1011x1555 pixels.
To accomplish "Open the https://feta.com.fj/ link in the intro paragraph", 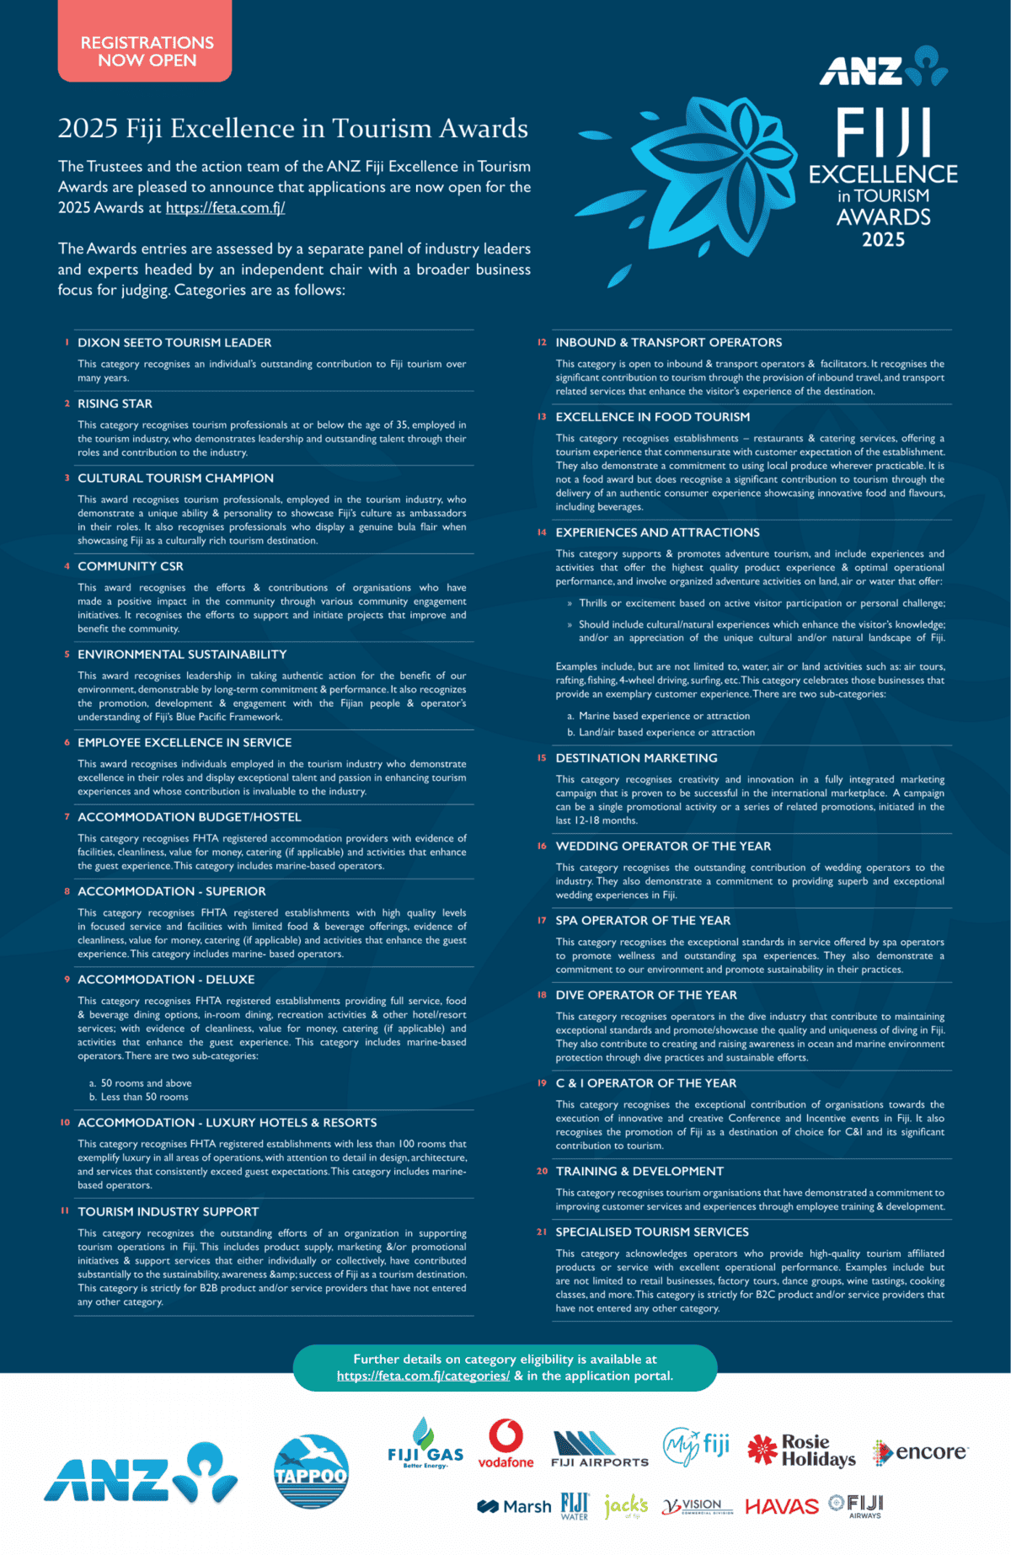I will point(225,208).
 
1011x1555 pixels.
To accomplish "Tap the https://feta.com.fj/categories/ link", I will point(423,1376).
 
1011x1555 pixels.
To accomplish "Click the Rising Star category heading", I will point(115,403).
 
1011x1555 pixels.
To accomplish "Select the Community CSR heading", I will point(131,566).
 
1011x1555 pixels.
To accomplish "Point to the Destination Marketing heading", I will point(636,758).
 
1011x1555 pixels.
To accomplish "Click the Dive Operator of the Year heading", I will point(646,995).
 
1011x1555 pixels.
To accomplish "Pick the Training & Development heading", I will point(639,1171).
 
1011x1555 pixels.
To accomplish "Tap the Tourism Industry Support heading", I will point(168,1211).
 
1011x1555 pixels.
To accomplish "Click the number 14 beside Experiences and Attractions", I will point(542,532).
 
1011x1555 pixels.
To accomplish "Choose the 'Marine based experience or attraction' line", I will point(664,716).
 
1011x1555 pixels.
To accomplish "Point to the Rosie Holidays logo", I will point(802,1451).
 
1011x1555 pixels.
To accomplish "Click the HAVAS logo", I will point(782,1506).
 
